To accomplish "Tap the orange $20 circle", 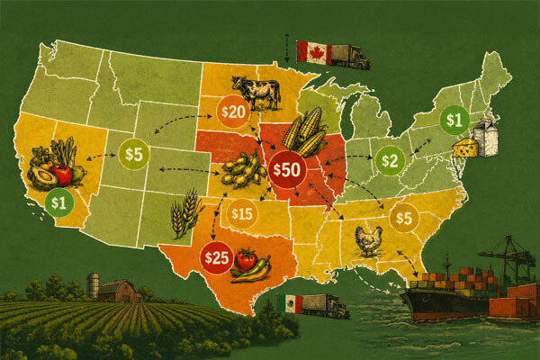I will pyautogui.click(x=232, y=111).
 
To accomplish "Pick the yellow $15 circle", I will pyautogui.click(x=242, y=214).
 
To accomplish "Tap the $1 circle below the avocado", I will pyautogui.click(x=59, y=201).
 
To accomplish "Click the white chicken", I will pyautogui.click(x=368, y=239).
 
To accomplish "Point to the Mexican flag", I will pyautogui.click(x=291, y=302).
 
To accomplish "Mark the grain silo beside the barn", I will pyautogui.click(x=92, y=285).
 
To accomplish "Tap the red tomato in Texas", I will pyautogui.click(x=246, y=260).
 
